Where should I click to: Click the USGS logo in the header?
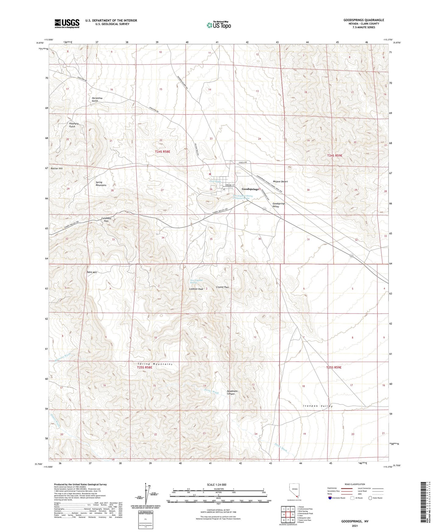coord(67,23)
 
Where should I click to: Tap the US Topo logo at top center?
coord(219,25)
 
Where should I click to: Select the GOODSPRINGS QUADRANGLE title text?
coord(364,20)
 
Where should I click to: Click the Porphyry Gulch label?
coord(74,125)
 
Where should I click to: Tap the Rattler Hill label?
coord(57,168)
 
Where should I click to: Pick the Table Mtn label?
coord(92,272)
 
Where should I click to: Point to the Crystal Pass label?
coord(222,287)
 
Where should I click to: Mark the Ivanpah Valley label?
coord(318,406)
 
